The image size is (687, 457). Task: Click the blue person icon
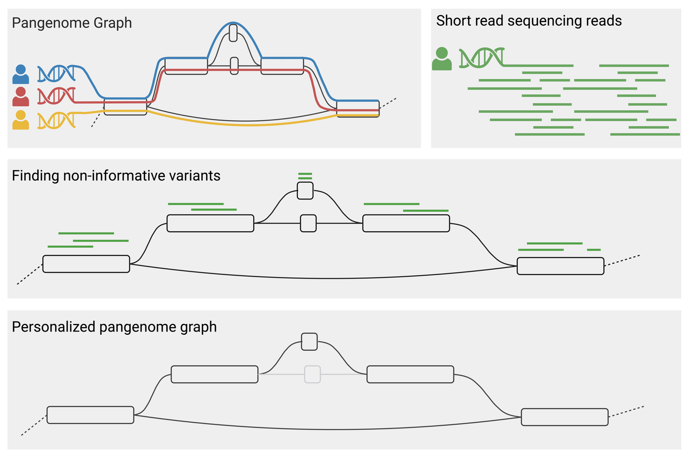[x=20, y=75]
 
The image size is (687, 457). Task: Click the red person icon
[x=20, y=98]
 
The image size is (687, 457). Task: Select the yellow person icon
[x=20, y=120]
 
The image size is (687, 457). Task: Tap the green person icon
[x=442, y=59]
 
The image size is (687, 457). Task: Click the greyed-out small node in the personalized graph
[x=312, y=374]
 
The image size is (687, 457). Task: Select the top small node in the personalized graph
[x=309, y=342]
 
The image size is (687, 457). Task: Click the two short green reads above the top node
[x=305, y=176]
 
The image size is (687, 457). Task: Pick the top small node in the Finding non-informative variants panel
[x=305, y=190]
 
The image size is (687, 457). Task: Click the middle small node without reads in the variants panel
[x=308, y=223]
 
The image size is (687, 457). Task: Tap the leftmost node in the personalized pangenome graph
[x=90, y=415]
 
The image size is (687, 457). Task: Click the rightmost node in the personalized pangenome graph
[x=565, y=417]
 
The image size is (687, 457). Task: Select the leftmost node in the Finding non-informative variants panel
[x=86, y=264]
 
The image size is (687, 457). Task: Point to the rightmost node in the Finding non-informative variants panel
[x=560, y=266]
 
